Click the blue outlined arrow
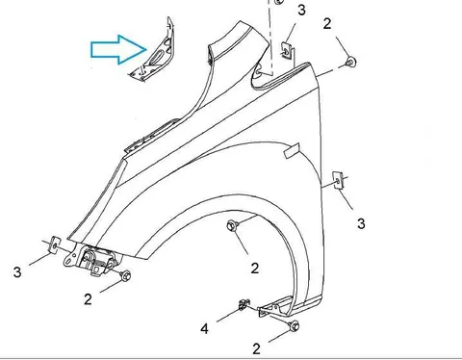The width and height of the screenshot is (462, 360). click(x=118, y=49)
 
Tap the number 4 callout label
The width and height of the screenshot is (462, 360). click(x=204, y=329)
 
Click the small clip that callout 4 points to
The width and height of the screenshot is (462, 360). click(x=244, y=304)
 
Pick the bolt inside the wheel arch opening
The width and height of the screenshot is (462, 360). click(x=233, y=225)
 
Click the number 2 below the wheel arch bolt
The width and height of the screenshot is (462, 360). click(x=255, y=269)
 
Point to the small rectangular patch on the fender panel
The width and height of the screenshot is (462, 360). click(x=292, y=151)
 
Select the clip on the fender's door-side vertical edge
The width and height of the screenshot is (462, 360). click(x=338, y=181)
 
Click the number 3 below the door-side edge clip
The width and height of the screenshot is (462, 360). click(x=361, y=223)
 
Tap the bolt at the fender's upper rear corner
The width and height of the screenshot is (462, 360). click(x=351, y=62)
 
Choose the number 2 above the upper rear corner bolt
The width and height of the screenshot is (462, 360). click(x=327, y=24)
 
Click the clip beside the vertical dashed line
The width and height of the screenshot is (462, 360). click(x=288, y=51)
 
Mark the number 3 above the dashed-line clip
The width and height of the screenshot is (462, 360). click(x=301, y=11)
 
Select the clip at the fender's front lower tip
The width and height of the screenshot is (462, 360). click(x=56, y=245)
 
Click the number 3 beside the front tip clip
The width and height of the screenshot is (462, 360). click(x=17, y=272)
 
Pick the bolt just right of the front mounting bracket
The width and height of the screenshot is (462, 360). click(x=125, y=275)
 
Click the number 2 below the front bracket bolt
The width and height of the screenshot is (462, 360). click(x=88, y=299)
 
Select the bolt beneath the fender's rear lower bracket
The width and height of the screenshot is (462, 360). click(x=294, y=326)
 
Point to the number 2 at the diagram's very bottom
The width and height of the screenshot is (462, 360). click(x=256, y=349)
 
